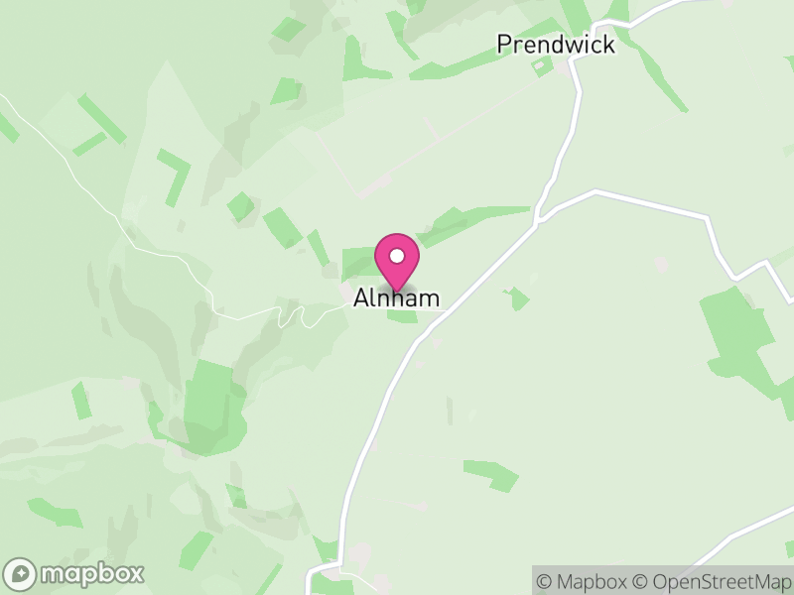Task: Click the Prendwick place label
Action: click(555, 45)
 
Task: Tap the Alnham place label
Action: click(396, 297)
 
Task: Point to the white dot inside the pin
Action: click(397, 257)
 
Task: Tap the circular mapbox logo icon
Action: click(21, 573)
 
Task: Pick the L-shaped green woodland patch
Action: click(176, 173)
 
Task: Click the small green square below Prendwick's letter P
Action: click(542, 67)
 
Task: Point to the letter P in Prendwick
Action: click(504, 45)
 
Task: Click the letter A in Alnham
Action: click(361, 297)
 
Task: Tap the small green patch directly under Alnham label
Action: click(402, 316)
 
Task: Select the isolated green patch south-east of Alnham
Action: click(492, 474)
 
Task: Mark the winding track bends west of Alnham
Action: click(293, 314)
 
